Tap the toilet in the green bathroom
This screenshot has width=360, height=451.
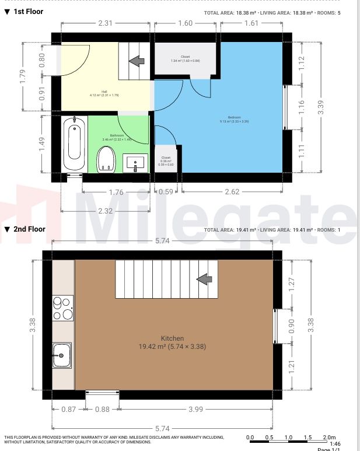106,159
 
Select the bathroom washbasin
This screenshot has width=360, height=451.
137,163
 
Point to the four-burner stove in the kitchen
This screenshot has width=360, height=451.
63,309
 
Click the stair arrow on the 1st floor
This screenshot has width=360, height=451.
137,60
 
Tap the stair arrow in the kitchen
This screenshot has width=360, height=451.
204,280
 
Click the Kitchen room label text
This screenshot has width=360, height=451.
173,338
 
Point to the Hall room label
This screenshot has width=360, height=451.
104,92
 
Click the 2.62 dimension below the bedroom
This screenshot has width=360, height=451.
232,191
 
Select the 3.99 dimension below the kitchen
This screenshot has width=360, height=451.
196,409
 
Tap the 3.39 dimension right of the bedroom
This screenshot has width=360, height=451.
320,108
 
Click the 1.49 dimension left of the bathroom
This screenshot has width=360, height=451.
43,144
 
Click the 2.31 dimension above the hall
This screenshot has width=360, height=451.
104,23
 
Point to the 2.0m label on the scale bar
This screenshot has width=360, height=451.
328,437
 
